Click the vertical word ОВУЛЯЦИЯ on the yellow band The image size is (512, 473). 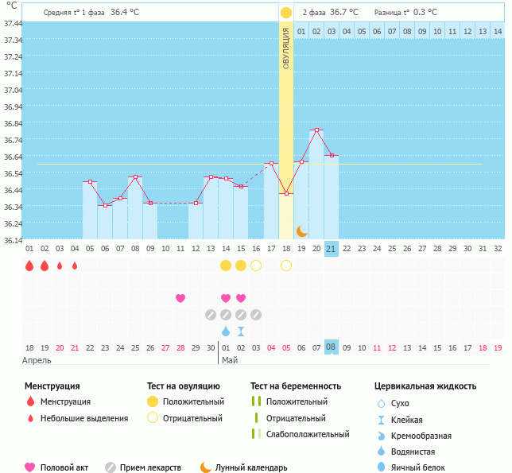click(286, 50)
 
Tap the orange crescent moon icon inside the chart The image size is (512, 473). click(302, 231)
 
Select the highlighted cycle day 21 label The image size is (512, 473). click(332, 249)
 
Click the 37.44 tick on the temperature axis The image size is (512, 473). click(13, 24)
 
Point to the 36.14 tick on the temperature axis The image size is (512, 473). click(13, 240)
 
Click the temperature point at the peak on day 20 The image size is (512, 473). click(316, 130)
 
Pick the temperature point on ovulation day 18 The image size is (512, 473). click(286, 193)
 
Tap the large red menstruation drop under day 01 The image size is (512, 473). click(29, 266)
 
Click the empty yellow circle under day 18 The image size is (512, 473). click(286, 266)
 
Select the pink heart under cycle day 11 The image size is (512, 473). click(180, 298)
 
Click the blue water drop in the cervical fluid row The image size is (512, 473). click(226, 331)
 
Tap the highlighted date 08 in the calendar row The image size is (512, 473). click(332, 347)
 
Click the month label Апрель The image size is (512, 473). click(37, 360)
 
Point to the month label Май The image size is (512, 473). click(230, 360)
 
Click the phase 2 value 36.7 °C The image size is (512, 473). click(343, 13)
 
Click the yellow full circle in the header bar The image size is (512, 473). click(286, 13)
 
